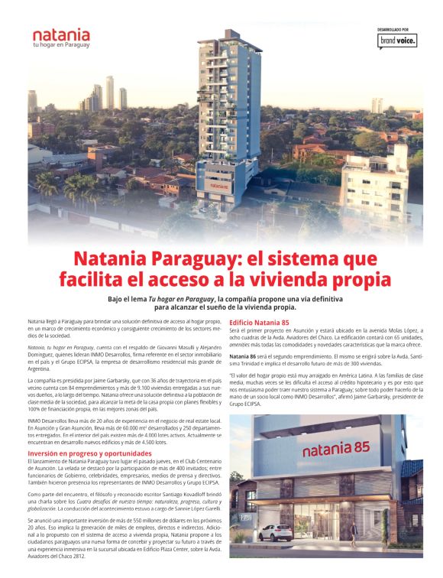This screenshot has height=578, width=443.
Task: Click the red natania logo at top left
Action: tap(61, 35)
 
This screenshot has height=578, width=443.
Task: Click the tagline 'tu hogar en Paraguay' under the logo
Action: tap(61, 45)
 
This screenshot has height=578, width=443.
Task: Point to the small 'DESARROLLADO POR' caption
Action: tap(397, 29)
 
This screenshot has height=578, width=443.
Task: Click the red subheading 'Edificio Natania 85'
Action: tap(259, 323)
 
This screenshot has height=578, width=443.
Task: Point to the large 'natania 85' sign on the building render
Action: tap(336, 449)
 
